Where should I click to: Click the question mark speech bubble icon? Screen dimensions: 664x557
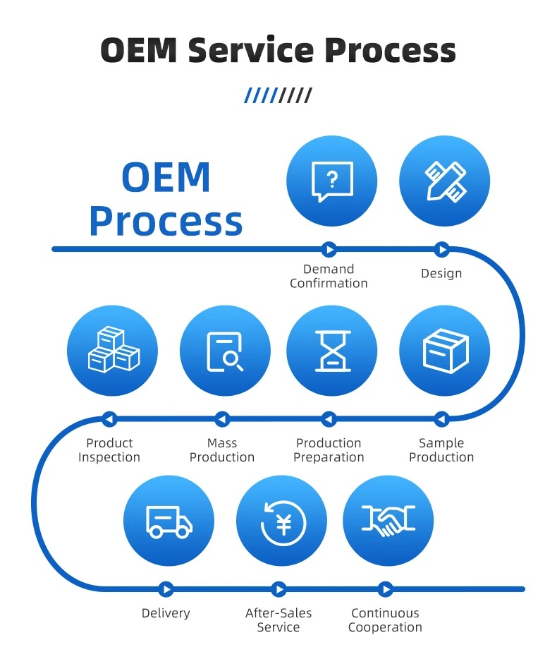[x=331, y=181]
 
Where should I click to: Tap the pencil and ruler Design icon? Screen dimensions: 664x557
[x=444, y=181]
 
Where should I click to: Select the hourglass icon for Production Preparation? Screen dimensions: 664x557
[x=331, y=351]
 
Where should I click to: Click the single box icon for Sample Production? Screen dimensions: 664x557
[x=444, y=351]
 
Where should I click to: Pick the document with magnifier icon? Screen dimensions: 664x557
[x=225, y=351]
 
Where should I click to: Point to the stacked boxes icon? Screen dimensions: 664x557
[x=112, y=351]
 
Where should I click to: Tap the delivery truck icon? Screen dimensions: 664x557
[x=169, y=521]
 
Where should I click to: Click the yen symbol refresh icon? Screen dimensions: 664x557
[x=281, y=521]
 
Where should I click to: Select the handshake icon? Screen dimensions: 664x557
[x=388, y=521]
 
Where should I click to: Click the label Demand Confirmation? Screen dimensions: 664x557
[x=329, y=276]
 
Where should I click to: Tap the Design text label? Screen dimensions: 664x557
[x=441, y=273]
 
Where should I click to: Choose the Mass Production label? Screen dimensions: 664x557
[x=222, y=450]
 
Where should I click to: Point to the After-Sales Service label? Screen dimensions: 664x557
[x=278, y=620]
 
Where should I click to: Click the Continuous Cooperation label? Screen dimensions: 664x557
[x=385, y=620]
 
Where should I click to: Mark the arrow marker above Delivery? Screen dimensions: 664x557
[x=166, y=588]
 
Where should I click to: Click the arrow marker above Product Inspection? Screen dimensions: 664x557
[x=109, y=419]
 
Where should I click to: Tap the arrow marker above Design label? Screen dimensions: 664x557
[x=441, y=249]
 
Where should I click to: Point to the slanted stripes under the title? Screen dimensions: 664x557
[x=278, y=95]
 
